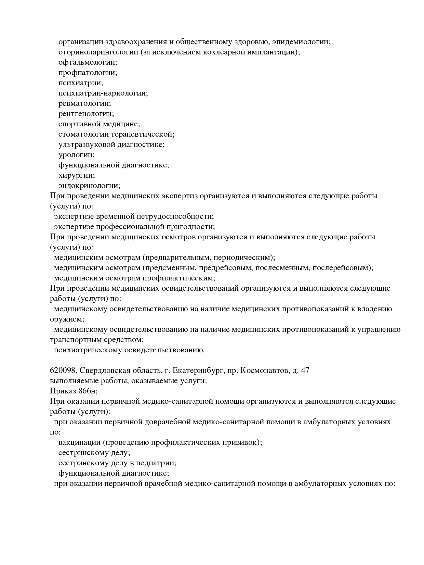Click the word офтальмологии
[88, 62]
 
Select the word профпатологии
[88, 73]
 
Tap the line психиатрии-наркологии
[103, 93]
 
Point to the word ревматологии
[85, 103]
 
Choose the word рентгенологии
[86, 114]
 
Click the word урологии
[76, 155]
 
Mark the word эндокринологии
[89, 186]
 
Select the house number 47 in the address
[305, 371]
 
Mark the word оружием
[67, 319]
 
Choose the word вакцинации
[80, 442]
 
